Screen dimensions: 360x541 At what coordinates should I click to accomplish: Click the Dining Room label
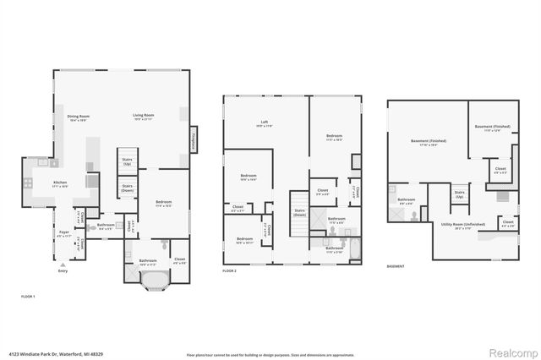click(x=79, y=117)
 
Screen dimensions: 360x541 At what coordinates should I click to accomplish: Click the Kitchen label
click(x=61, y=183)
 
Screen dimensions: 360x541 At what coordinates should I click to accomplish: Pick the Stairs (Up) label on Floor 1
click(x=128, y=160)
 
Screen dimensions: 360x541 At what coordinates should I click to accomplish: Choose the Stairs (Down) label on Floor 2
click(x=299, y=213)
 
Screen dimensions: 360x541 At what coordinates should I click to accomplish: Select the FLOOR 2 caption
click(x=230, y=270)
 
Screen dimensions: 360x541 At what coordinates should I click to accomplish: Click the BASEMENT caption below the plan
click(x=396, y=267)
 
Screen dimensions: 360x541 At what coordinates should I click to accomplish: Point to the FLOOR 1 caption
click(x=28, y=297)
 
